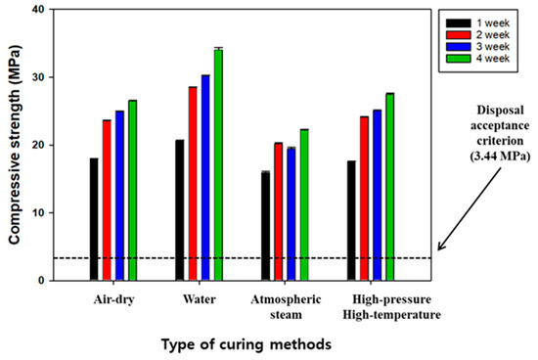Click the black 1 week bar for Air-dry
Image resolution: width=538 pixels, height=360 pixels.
pos(94,219)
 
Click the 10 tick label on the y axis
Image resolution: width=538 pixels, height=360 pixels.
pos(38,213)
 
